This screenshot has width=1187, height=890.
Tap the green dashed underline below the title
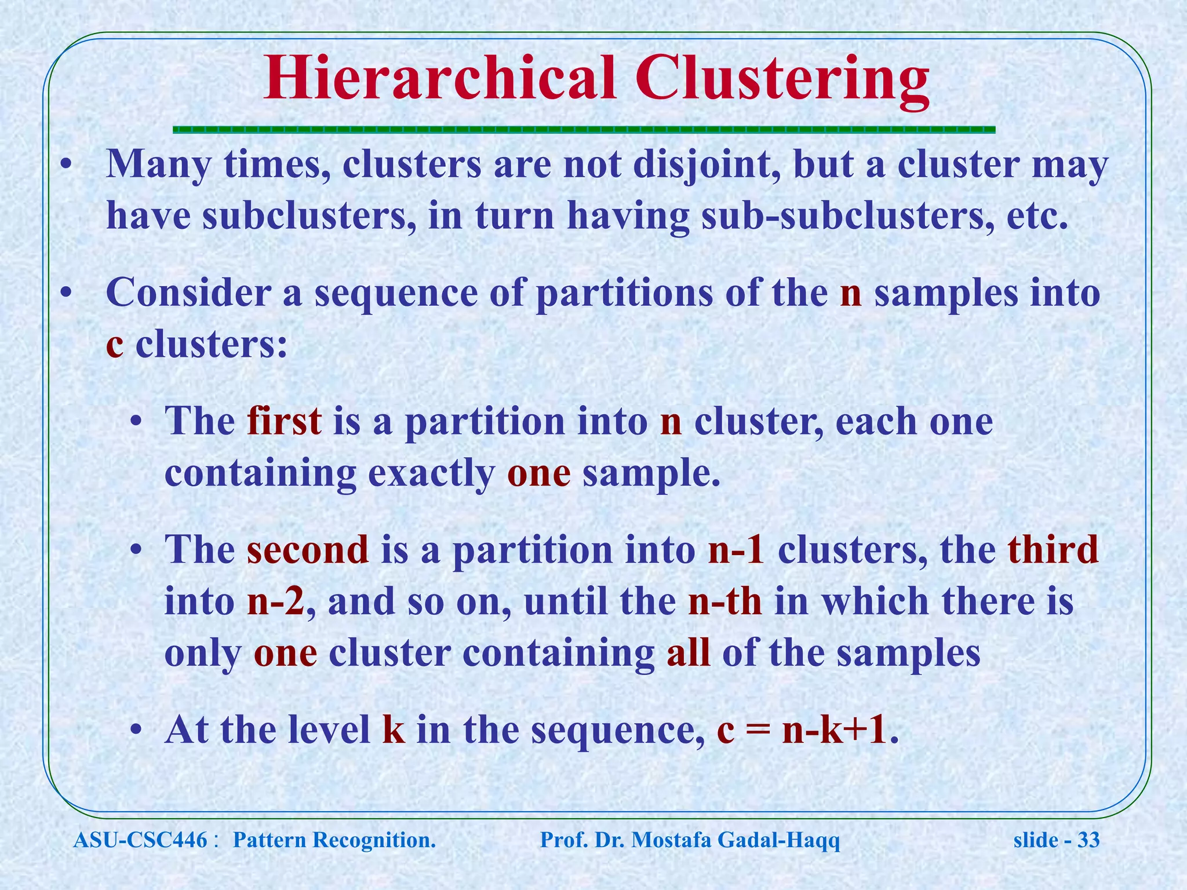point(584,130)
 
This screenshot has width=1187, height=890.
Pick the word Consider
point(188,293)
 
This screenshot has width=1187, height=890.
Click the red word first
point(284,421)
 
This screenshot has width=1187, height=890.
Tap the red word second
point(308,549)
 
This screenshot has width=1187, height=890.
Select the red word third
point(1053,549)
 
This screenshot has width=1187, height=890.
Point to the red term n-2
point(275,601)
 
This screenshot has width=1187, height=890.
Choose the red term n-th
point(724,601)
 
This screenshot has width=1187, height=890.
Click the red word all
point(688,653)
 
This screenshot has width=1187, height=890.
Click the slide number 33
point(1088,840)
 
